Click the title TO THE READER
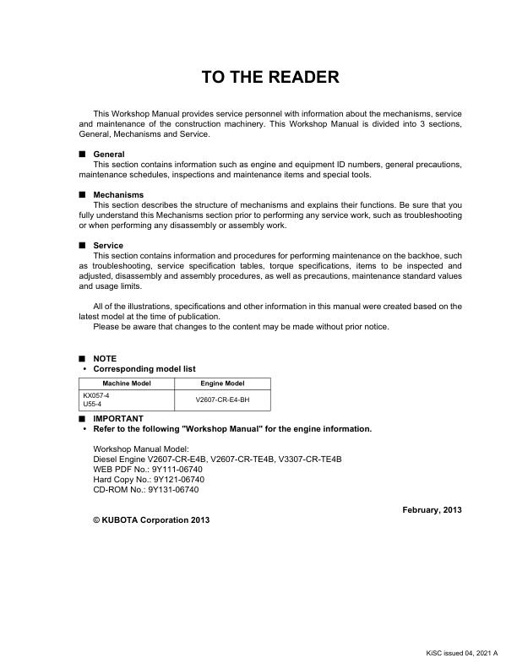tap(270, 78)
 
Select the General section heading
tap(109, 155)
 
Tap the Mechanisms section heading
tap(118, 195)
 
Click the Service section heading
tap(108, 246)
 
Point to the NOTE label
tap(105, 359)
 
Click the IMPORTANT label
tap(118, 419)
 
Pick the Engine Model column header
tap(222, 383)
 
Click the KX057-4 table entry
tap(96, 394)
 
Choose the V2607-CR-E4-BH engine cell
tap(222, 400)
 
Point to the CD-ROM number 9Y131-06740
tap(173, 489)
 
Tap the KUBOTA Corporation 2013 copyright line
tap(151, 519)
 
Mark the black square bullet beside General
tap(82, 155)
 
